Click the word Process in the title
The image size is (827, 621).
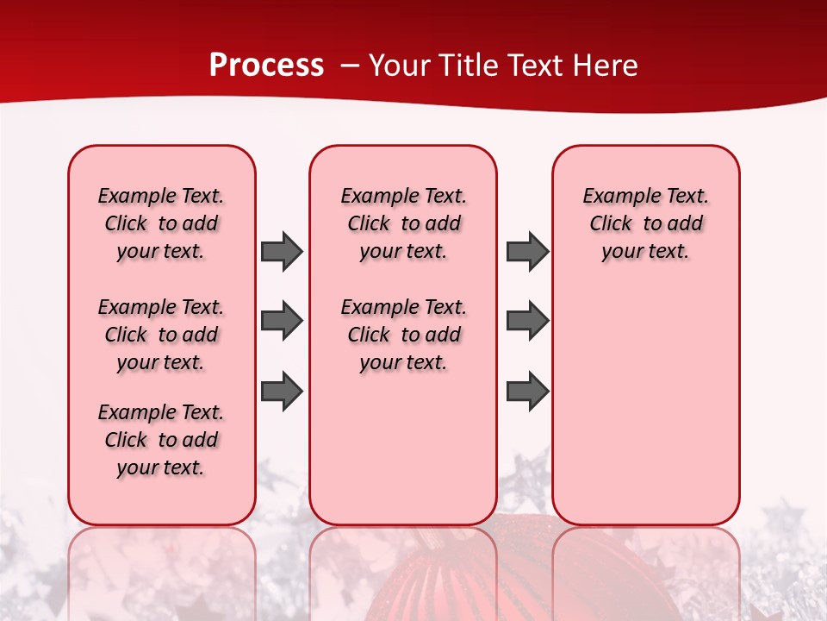[x=266, y=66]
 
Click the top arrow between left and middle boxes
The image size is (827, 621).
[x=281, y=251]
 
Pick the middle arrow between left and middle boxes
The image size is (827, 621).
[x=281, y=321]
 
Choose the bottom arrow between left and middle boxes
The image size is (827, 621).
[x=281, y=391]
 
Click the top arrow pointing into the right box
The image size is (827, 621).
[x=527, y=251]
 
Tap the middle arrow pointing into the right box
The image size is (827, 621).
[x=527, y=321]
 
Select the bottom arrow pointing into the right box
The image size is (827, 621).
[x=527, y=391]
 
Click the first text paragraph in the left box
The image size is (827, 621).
[x=161, y=223]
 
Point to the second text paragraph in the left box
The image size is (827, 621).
[x=161, y=335]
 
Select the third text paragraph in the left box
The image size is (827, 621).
[x=161, y=440]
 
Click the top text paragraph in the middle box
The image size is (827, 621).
[x=404, y=223]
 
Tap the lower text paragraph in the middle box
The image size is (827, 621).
[x=404, y=335]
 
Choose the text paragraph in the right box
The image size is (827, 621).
[x=646, y=223]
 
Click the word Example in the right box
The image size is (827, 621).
[x=616, y=197]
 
